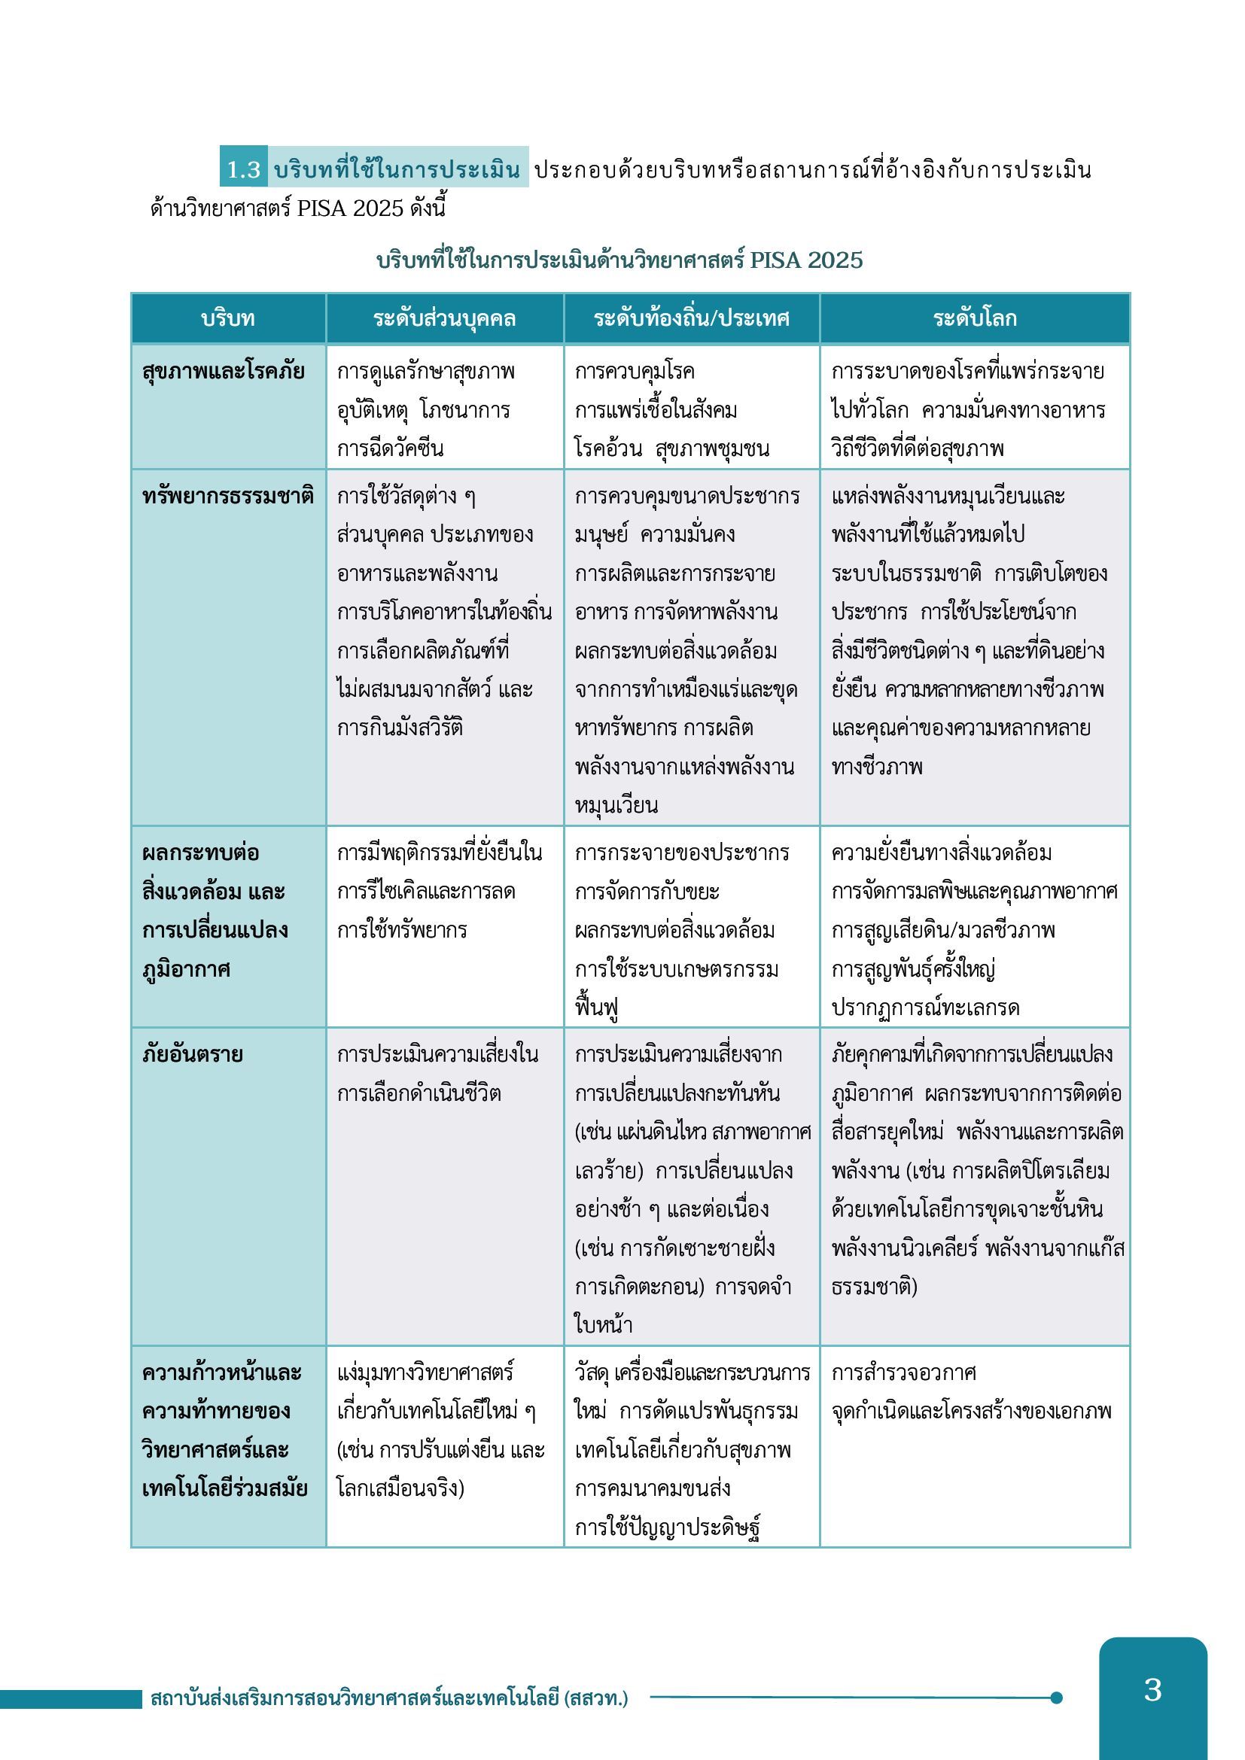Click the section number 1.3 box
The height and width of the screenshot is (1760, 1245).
(x=243, y=169)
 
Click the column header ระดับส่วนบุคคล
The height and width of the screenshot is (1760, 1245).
(x=445, y=318)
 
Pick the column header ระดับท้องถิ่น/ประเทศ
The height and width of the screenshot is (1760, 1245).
(x=691, y=318)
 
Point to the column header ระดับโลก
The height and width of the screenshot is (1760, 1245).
(x=974, y=318)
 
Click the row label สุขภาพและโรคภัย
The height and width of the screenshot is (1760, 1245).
(x=223, y=372)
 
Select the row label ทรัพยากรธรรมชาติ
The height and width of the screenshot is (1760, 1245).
(x=227, y=496)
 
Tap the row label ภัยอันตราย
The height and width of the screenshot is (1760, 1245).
(x=193, y=1054)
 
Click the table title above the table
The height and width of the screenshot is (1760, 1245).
(x=619, y=260)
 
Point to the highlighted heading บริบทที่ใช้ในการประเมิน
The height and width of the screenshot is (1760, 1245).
(x=397, y=169)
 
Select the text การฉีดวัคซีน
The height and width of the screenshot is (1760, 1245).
(x=390, y=448)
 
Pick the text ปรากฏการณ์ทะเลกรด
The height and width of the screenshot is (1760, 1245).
(x=925, y=1008)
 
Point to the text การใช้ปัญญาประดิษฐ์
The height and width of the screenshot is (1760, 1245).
(x=668, y=1527)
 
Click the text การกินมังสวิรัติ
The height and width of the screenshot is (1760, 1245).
(x=400, y=728)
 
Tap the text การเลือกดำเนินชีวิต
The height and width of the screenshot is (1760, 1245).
(x=419, y=1093)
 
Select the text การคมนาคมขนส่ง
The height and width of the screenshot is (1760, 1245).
(x=653, y=1488)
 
